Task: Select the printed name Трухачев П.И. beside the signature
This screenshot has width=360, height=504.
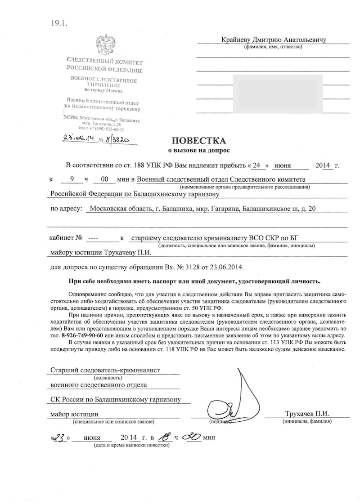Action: point(307,414)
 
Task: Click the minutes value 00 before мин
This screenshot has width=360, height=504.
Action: point(104,179)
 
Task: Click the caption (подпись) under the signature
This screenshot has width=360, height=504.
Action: point(220,422)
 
